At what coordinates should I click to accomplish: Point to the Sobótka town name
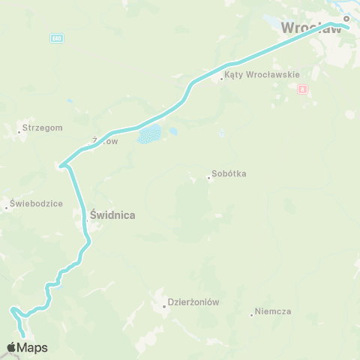pos(229,174)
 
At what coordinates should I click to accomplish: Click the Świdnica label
pos(112,215)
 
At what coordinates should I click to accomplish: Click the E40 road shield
pos(57,37)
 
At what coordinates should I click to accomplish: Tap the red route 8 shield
pos(302,89)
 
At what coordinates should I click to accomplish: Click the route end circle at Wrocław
pos(346,19)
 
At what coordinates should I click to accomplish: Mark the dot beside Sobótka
pos(209,178)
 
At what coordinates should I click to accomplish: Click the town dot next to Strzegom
pos(19,133)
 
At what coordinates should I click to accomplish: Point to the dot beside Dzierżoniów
pos(164,306)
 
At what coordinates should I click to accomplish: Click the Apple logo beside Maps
pos(11,347)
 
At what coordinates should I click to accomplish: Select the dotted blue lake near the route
pos(148,135)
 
